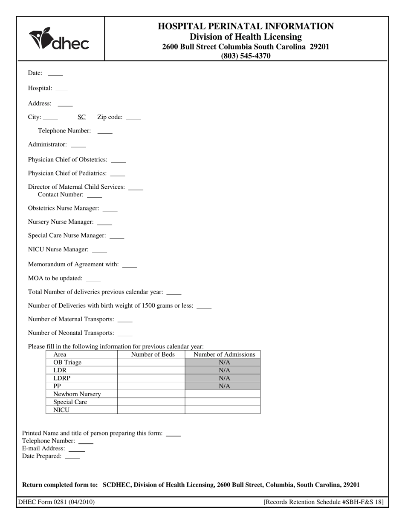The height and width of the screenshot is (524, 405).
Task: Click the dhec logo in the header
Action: [59, 39]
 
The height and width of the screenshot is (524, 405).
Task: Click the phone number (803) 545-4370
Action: [246, 56]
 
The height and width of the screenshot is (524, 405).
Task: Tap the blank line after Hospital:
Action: [62, 89]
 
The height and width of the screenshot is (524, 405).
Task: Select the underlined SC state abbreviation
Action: [81, 117]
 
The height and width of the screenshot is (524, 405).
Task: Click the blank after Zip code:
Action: [133, 118]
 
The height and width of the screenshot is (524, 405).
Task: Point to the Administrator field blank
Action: [78, 146]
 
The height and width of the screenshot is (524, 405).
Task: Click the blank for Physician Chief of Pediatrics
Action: [118, 175]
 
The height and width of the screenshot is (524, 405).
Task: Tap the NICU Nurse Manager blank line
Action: [100, 251]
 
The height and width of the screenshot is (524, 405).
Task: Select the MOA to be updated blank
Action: [93, 279]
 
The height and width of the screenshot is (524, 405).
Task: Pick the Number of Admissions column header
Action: [224, 354]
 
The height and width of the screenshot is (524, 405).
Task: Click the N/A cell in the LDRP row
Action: [224, 378]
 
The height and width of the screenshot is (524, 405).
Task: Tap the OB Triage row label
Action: [67, 363]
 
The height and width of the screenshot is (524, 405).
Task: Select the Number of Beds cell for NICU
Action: [151, 410]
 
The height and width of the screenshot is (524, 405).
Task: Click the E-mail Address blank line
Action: [77, 449]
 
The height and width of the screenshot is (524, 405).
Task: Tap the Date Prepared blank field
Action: [72, 457]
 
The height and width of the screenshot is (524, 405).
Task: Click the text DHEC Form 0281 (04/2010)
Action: [56, 502]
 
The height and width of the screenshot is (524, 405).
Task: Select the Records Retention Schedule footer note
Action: [324, 502]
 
